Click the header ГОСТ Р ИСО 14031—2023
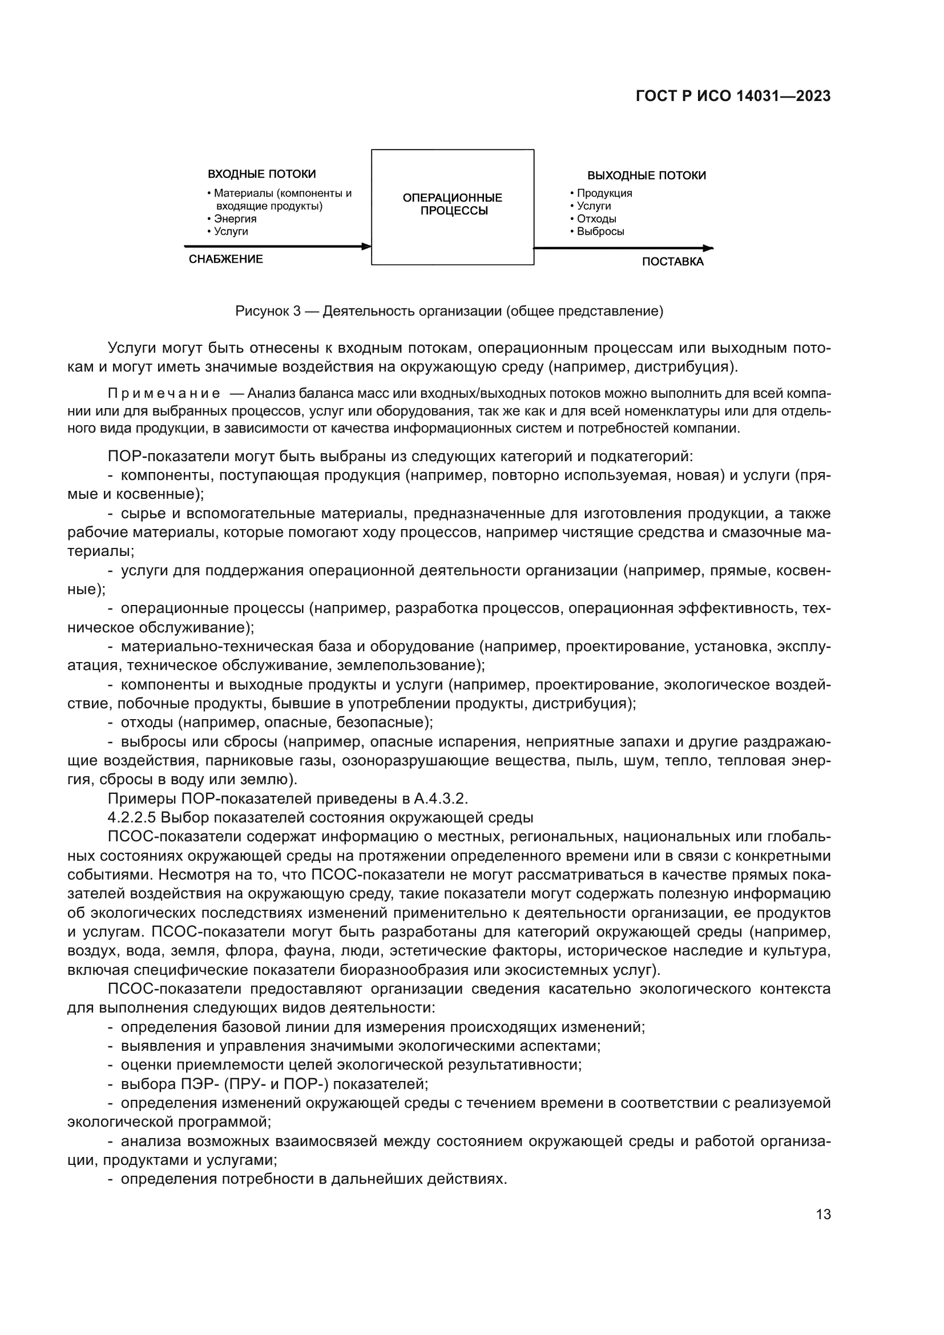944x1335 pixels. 733,96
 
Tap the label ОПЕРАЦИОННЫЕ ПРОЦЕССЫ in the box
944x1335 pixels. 452,204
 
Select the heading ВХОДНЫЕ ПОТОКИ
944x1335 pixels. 261,174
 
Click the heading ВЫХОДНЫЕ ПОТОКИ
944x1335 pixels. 647,176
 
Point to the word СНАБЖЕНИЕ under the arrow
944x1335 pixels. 225,259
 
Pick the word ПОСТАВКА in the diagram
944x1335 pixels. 672,261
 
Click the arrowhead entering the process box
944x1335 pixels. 366,246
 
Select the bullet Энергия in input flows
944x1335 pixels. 235,219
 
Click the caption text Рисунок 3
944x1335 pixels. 268,311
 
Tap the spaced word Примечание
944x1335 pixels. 164,394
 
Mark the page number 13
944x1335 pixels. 823,1214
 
